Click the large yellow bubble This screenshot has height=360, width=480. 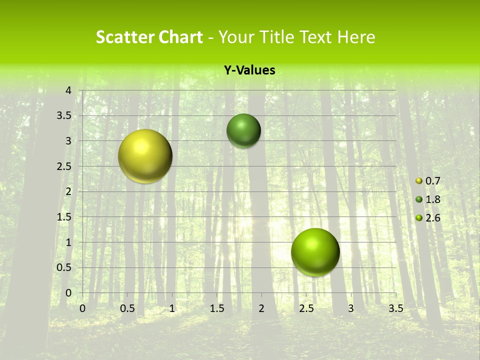coord(145,156)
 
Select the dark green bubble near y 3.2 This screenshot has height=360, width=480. coord(243,131)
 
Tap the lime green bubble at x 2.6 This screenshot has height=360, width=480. coord(315,252)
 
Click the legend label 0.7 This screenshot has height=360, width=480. coord(432,181)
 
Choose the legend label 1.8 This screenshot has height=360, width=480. coord(432,199)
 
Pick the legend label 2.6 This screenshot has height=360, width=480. coord(432,218)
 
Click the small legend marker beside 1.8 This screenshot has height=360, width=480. coord(419,199)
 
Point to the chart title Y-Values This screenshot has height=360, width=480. coord(249,70)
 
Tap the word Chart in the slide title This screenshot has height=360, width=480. coord(180,37)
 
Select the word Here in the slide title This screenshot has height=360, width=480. coord(356,37)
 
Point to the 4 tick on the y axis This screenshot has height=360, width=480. coord(68,90)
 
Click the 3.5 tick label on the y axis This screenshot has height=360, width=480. coord(64,116)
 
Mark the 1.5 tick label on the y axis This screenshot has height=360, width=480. coord(64,217)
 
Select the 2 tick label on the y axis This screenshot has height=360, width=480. coord(68,191)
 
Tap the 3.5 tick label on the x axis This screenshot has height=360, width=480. coord(395,308)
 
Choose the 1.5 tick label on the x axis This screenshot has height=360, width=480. coord(216,308)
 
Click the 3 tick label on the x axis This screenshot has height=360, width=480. coord(351,308)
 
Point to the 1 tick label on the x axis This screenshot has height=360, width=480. coord(172,308)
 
